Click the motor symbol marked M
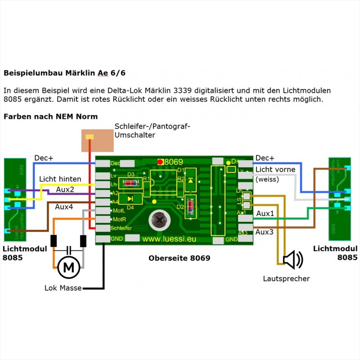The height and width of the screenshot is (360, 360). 69,267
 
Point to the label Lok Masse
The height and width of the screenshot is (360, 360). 63,288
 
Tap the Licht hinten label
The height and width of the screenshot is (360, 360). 61,179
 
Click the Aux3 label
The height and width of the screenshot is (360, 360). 265,231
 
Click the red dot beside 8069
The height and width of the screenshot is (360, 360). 160,162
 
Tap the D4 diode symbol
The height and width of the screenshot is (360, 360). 130,198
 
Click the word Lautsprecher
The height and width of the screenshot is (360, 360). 286,279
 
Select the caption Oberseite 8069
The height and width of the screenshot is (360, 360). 179,258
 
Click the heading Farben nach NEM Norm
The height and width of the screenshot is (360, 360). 50,116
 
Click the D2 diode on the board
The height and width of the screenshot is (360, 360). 191,207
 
